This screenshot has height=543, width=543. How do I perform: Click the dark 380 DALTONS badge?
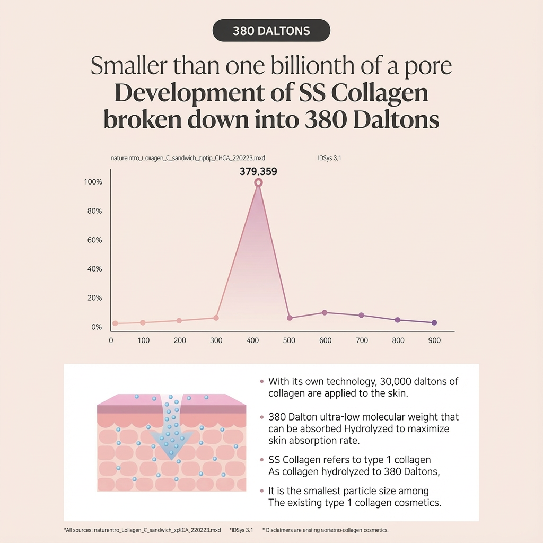[x=271, y=31]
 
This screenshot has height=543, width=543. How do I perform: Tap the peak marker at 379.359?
[x=258, y=182]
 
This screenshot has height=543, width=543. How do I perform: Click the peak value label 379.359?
[x=258, y=172]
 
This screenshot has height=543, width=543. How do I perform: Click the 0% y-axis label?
[x=96, y=327]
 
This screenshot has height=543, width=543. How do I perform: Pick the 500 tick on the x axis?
[x=289, y=340]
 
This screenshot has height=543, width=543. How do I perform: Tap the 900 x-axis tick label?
[x=434, y=340]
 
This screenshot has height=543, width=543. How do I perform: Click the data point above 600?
[x=325, y=312]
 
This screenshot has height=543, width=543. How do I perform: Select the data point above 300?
[x=216, y=318]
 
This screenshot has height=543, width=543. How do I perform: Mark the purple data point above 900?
[x=434, y=322]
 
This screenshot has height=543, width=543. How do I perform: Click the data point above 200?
[x=179, y=320]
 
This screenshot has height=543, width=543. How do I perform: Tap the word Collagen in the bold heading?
[x=379, y=93]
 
